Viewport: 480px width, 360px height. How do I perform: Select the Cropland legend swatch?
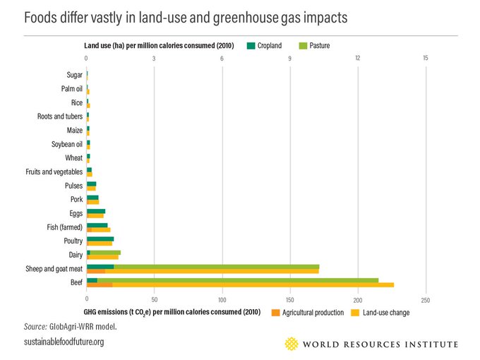pyautogui.click(x=250, y=46)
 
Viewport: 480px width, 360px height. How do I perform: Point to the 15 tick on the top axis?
pyautogui.click(x=426, y=58)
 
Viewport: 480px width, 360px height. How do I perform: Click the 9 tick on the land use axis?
pyautogui.click(x=290, y=58)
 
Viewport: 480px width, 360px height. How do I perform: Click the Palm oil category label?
pyautogui.click(x=71, y=88)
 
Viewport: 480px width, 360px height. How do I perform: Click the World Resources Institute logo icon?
pyautogui.click(x=291, y=344)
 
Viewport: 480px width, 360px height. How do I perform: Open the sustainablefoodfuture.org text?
pyautogui.click(x=64, y=342)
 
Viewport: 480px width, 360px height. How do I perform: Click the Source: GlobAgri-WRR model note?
pyautogui.click(x=70, y=327)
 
